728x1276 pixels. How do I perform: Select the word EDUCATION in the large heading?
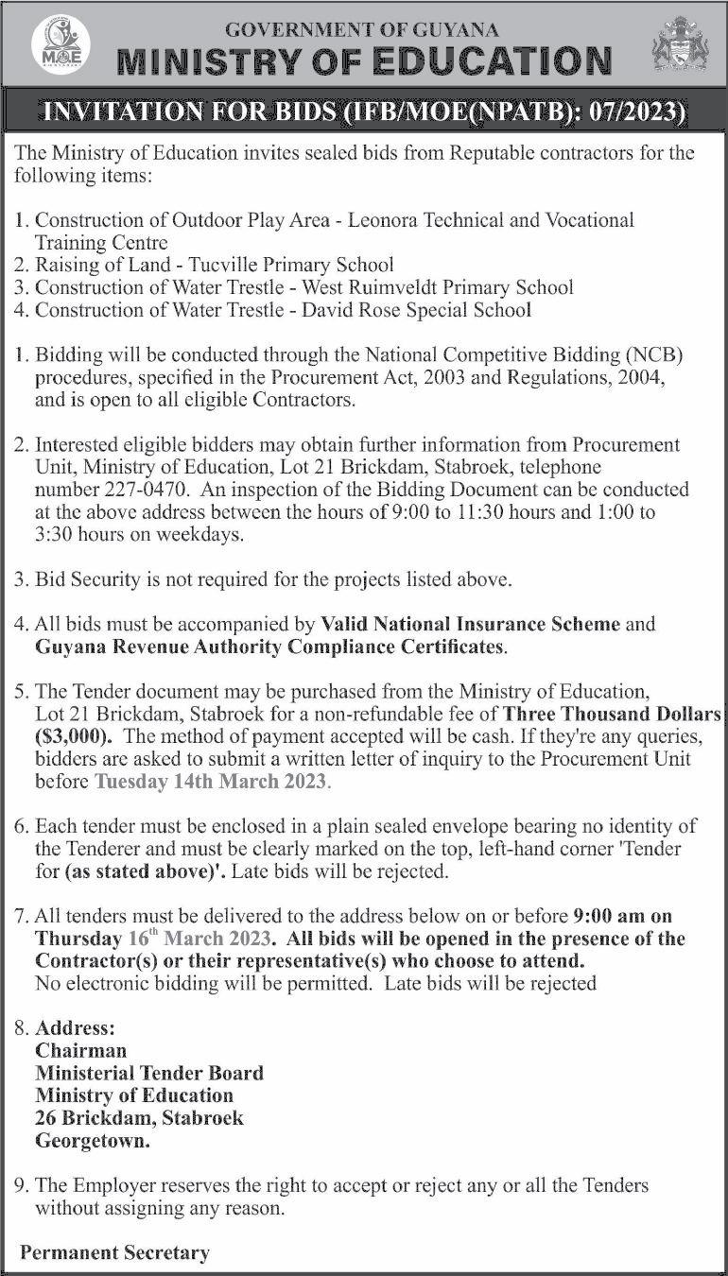pos(488,61)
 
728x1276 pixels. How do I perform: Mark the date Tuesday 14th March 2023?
pos(210,782)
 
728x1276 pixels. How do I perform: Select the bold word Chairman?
pos(80,1050)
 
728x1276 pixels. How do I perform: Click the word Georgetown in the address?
pos(92,1141)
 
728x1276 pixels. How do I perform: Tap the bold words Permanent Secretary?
pos(114,1253)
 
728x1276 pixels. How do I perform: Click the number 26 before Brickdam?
pos(45,1118)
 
